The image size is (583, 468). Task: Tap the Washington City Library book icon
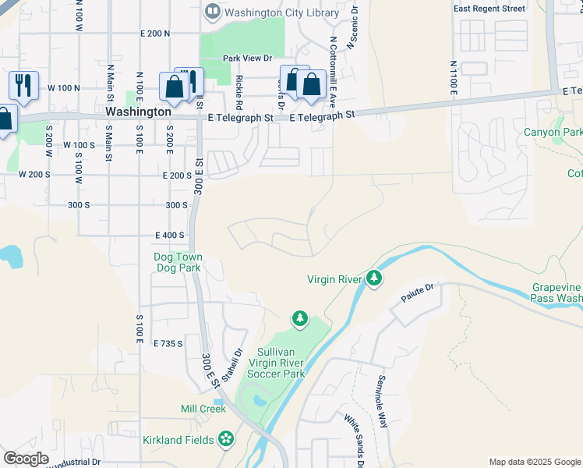pyautogui.click(x=211, y=12)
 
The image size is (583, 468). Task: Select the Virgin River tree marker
pyautogui.click(x=375, y=278)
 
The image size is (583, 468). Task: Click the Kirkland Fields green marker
pyautogui.click(x=227, y=439)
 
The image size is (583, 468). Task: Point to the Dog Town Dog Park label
pyautogui.click(x=178, y=262)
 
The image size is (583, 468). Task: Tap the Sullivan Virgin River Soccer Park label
pyautogui.click(x=275, y=363)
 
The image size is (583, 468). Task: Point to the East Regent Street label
pyautogui.click(x=489, y=9)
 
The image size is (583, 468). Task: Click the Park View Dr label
pyautogui.click(x=246, y=58)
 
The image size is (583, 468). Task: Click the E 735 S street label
pyautogui.click(x=168, y=343)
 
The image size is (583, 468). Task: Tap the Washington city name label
pyautogui.click(x=138, y=112)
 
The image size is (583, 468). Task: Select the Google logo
pyautogui.click(x=26, y=458)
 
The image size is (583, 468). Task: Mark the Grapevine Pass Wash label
pyautogui.click(x=556, y=292)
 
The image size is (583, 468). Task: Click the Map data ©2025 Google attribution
pyautogui.click(x=534, y=462)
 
